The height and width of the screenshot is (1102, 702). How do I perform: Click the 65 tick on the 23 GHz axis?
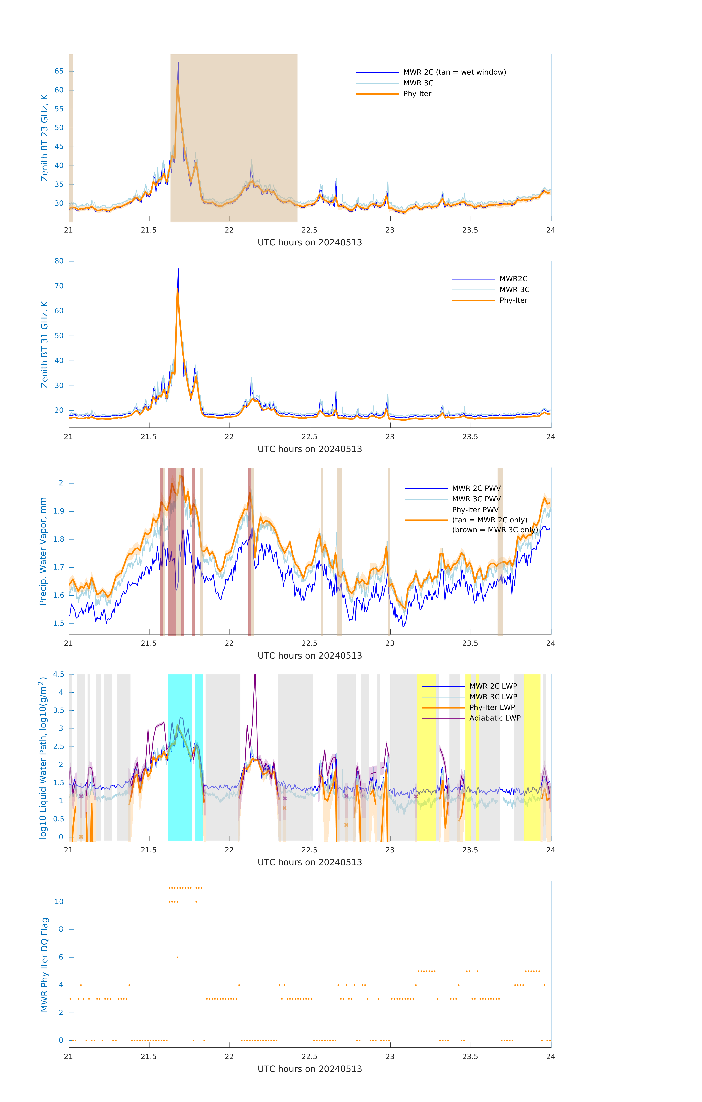[x=59, y=71]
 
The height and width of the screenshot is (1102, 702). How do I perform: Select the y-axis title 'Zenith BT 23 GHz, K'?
[x=44, y=138]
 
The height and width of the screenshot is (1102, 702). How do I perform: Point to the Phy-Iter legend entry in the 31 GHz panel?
[x=513, y=300]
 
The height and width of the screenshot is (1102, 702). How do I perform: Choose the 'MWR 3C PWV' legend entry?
[x=476, y=499]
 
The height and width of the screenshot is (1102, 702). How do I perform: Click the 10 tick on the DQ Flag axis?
[x=59, y=902]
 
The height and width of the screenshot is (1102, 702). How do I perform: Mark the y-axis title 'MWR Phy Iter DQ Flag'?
[x=44, y=965]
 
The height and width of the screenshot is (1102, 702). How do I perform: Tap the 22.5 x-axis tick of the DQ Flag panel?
[x=310, y=1057]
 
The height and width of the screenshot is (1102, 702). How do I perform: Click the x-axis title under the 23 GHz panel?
[x=310, y=243]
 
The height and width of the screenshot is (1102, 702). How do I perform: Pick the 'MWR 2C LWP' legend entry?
[x=493, y=686]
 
